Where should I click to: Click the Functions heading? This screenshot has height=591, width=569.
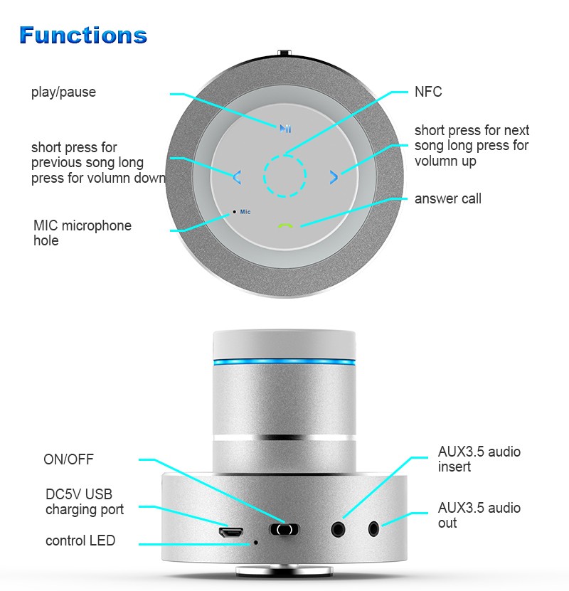(83, 35)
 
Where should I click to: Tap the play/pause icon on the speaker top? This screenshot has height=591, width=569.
(285, 129)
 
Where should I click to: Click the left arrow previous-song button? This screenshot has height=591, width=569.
(237, 177)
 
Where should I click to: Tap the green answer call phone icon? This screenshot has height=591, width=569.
(285, 225)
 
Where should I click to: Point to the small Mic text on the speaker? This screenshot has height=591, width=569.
(245, 212)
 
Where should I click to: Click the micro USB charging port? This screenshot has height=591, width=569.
(231, 532)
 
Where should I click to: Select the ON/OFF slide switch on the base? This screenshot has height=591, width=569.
(284, 530)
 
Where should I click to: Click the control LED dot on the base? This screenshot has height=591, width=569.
(255, 543)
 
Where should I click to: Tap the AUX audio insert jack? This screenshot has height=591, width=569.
(338, 529)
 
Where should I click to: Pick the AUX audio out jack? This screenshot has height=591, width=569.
(373, 529)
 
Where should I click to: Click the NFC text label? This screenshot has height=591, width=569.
(428, 92)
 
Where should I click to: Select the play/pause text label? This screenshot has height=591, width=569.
(63, 92)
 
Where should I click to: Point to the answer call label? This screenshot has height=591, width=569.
(447, 198)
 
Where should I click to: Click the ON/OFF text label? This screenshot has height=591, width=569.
(68, 459)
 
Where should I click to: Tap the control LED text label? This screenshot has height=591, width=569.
(80, 541)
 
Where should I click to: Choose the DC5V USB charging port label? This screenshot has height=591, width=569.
(85, 501)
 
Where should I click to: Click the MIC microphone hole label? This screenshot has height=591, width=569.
(83, 233)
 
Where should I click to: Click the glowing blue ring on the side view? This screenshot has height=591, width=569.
(284, 362)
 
